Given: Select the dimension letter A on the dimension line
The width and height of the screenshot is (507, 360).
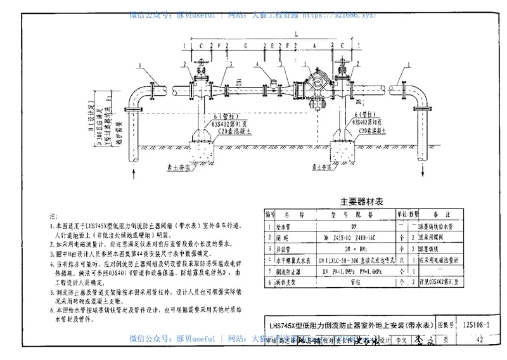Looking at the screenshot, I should click(314, 46).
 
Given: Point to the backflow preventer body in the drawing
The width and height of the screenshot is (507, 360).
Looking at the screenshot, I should click(316, 84).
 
